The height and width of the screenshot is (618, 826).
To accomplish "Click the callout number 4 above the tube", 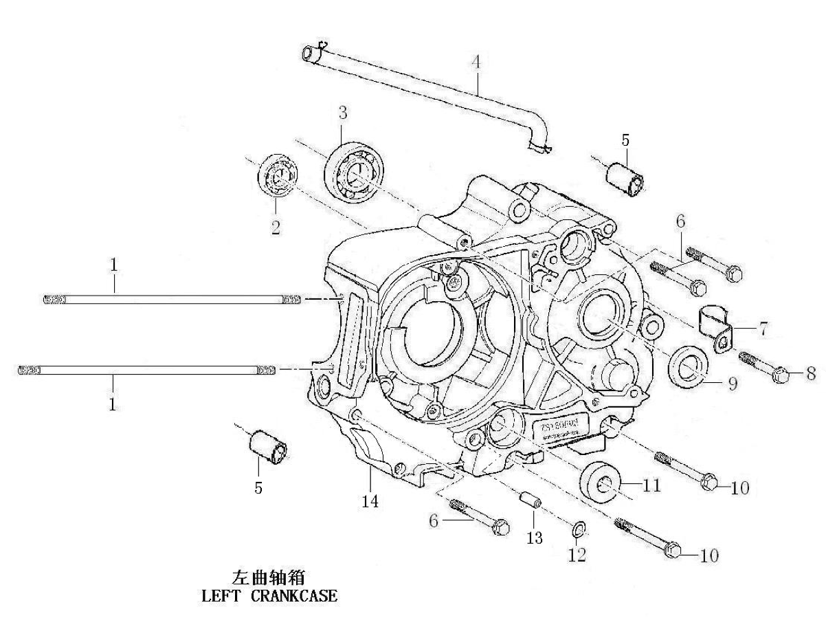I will tap(475, 61).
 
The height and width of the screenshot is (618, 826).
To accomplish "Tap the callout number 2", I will tap(275, 228).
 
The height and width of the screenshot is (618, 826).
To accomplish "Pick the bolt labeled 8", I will tap(764, 366).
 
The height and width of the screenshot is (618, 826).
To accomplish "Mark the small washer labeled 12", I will tap(578, 529).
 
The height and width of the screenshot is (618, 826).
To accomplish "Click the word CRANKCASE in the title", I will tap(294, 595).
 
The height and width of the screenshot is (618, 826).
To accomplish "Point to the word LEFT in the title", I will tap(219, 595).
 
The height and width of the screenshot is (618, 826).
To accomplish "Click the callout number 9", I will tap(732, 384).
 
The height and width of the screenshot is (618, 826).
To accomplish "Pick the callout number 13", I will tap(534, 538).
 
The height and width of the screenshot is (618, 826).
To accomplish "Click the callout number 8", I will tap(811, 374).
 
